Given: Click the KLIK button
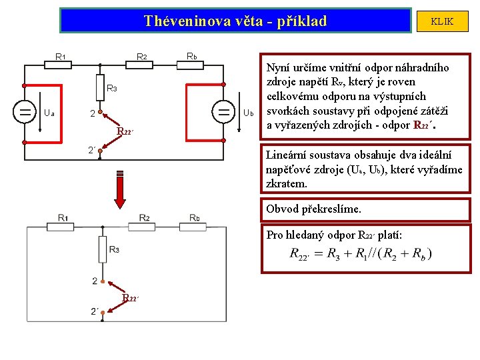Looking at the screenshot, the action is click(x=442, y=21).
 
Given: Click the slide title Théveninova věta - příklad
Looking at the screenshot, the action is click(x=235, y=21).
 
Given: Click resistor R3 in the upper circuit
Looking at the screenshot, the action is click(x=99, y=87).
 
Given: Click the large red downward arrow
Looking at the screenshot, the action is click(x=121, y=191).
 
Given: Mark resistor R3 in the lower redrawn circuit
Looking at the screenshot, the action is click(x=99, y=250).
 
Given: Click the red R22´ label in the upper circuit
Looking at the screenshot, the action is click(x=127, y=131).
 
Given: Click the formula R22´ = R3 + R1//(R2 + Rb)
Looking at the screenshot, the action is click(x=361, y=253).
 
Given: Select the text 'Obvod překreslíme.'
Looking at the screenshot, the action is click(x=313, y=209).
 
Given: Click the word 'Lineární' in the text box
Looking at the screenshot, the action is click(x=286, y=155).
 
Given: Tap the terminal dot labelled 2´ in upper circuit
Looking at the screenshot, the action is click(x=99, y=151).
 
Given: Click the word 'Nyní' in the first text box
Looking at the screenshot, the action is click(x=278, y=67).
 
